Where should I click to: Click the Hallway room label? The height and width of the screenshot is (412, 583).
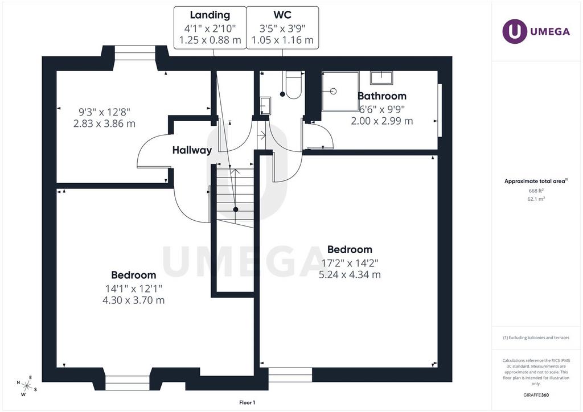192,150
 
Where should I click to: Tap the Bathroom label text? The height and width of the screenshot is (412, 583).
382,96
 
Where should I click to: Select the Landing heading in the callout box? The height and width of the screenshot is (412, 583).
210,15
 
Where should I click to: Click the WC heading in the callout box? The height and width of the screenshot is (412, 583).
282,15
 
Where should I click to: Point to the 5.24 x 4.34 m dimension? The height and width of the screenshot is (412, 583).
350,274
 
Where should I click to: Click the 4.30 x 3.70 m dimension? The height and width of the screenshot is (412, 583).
133,300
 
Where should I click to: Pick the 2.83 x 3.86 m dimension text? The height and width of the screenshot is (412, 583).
104,123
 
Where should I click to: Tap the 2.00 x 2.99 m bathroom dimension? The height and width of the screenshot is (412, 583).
382,121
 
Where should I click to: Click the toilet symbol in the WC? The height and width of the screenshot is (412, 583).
293,85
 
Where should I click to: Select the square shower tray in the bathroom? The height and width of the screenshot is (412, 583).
340,91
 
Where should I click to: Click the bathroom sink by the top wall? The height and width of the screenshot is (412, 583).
381,77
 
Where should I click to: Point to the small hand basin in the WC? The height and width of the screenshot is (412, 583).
265,106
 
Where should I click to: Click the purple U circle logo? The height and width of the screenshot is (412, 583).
515,31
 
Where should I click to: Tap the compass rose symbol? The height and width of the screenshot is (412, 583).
27,386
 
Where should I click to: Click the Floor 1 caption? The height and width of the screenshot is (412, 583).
247,402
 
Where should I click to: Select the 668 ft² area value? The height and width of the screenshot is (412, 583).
536,191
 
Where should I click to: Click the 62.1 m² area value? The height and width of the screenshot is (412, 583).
536,199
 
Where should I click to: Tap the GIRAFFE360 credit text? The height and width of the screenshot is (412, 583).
536,395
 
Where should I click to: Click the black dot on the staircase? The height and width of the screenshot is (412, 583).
235,209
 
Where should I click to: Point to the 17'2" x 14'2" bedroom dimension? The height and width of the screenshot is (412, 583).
350,263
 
